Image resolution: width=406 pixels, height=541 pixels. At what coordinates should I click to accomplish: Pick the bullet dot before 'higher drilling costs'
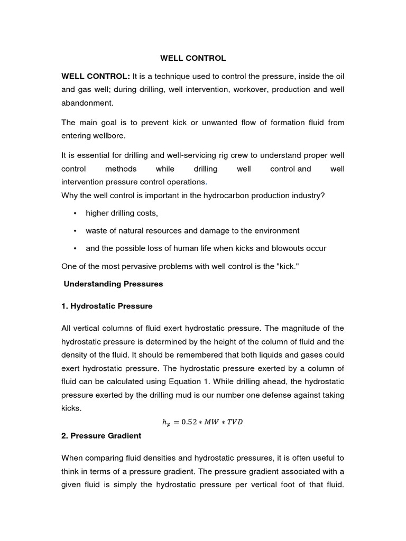(x=75, y=213)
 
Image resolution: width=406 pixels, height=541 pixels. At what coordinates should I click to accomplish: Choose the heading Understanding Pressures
(x=114, y=284)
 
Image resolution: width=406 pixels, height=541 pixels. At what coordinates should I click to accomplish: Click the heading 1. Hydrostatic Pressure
(x=107, y=306)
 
